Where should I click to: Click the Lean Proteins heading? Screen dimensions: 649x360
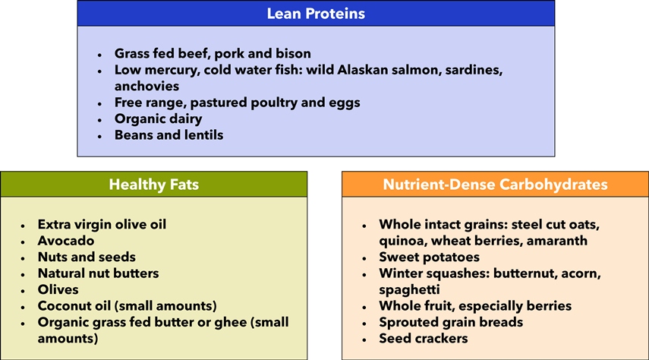coord(316,14)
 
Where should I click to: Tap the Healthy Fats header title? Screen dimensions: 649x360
coord(154,185)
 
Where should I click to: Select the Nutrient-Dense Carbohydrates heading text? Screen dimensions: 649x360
coord(495,185)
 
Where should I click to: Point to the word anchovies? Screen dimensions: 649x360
coord(147,86)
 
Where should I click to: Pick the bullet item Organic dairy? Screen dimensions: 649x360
coord(159,119)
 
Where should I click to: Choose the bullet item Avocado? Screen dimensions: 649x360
coord(66,241)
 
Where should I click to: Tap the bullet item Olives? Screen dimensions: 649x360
coord(58,289)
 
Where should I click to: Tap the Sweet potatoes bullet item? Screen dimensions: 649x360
coord(429,257)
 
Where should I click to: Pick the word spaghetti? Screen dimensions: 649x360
coord(409,290)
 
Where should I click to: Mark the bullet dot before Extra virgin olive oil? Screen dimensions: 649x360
coord(23,226)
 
